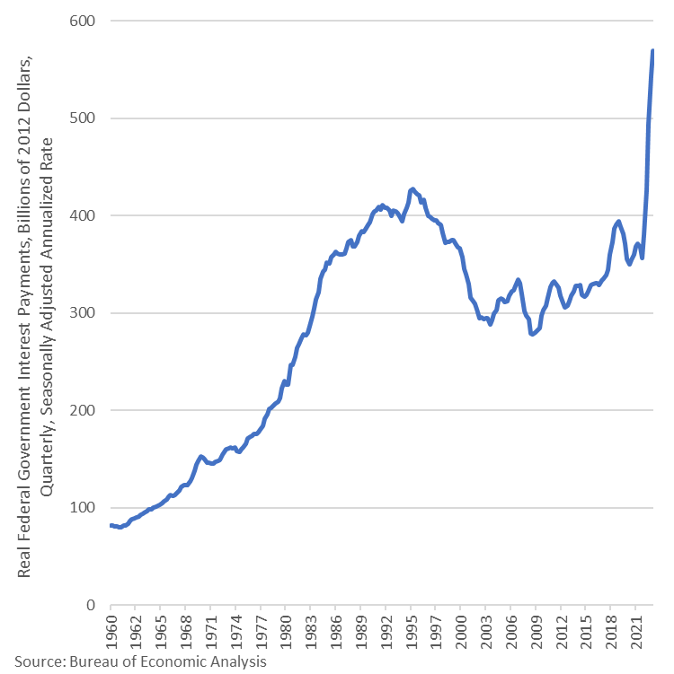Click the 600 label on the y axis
[x=82, y=21]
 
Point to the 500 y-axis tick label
[x=82, y=118]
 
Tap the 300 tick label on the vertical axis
[x=82, y=312]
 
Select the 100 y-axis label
[x=82, y=507]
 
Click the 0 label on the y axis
[x=91, y=605]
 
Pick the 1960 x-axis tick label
[x=111, y=632]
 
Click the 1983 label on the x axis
[x=310, y=632]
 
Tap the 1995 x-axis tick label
[x=411, y=632]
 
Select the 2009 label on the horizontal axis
[x=536, y=632]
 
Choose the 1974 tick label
[x=235, y=632]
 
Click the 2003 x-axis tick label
[x=486, y=632]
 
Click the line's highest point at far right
[x=652, y=51]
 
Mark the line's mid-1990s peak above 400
[x=412, y=189]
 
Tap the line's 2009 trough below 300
[x=532, y=334]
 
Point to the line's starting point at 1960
[x=111, y=525]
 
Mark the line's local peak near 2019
[x=618, y=222]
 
